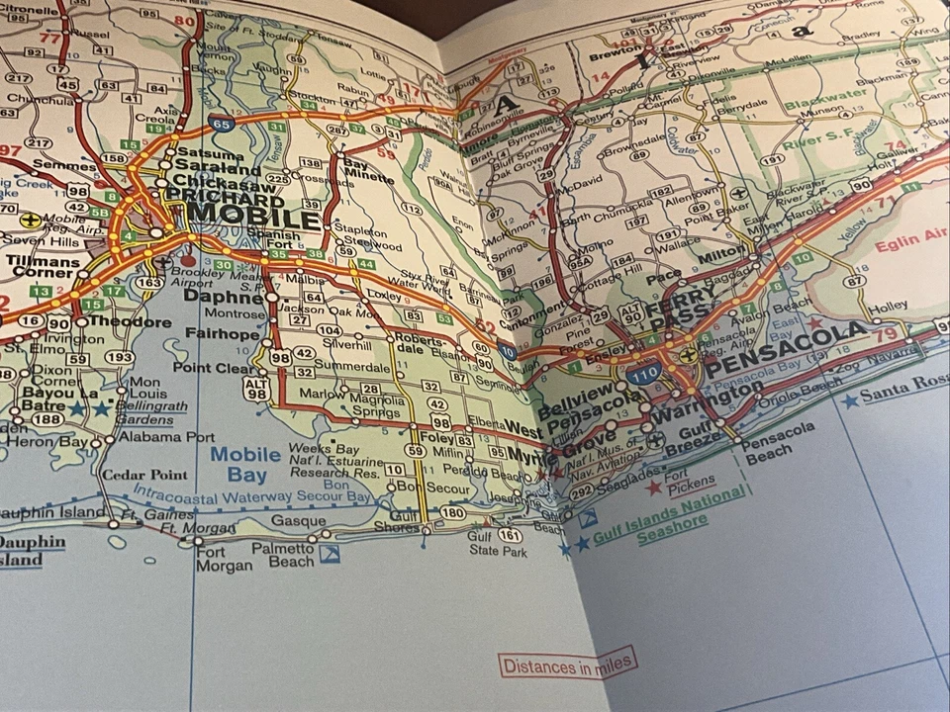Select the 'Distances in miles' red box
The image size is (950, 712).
[x=567, y=665]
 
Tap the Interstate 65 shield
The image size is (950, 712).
[x=221, y=125]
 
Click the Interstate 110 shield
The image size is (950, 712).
[x=644, y=374]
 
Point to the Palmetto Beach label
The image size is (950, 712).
[x=282, y=554]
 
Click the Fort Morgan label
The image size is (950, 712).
[x=224, y=560]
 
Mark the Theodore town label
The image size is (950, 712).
[x=129, y=321]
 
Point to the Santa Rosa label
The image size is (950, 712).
[x=903, y=389]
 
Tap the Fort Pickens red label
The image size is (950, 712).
[x=691, y=482]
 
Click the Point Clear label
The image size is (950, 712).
[x=213, y=368]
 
